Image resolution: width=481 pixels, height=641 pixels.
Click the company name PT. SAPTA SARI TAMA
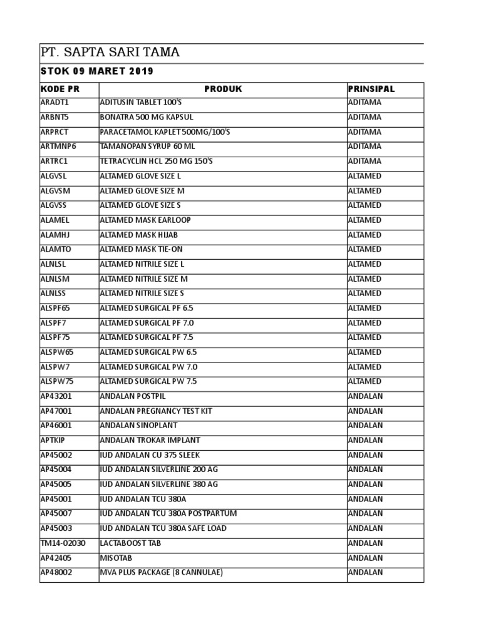pyautogui.click(x=110, y=53)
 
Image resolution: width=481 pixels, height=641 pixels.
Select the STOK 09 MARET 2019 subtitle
pyautogui.click(x=97, y=71)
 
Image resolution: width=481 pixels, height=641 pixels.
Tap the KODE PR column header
pyautogui.click(x=60, y=90)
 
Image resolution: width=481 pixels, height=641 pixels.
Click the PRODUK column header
pyautogui.click(x=222, y=90)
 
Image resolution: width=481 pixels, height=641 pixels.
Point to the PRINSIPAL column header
pyautogui.click(x=371, y=90)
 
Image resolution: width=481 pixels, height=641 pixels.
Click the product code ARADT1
pyautogui.click(x=54, y=103)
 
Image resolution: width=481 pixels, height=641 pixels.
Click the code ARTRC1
pyautogui.click(x=54, y=162)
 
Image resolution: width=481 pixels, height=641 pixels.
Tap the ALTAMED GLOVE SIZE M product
pyautogui.click(x=142, y=191)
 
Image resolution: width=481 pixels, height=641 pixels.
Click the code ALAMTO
pyautogui.click(x=55, y=250)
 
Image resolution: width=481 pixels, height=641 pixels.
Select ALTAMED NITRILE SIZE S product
pyautogui.click(x=142, y=294)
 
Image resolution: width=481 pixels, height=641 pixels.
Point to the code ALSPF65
pyautogui.click(x=56, y=309)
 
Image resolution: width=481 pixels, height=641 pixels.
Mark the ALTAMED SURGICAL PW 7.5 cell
pyautogui.click(x=148, y=382)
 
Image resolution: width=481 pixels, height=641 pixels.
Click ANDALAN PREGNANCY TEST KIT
pyautogui.click(x=156, y=411)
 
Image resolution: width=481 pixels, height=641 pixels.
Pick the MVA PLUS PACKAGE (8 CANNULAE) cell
pyautogui.click(x=161, y=573)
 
